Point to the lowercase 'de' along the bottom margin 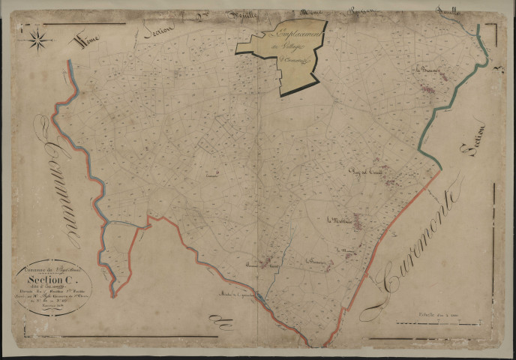pyautogui.click(x=223, y=322)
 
